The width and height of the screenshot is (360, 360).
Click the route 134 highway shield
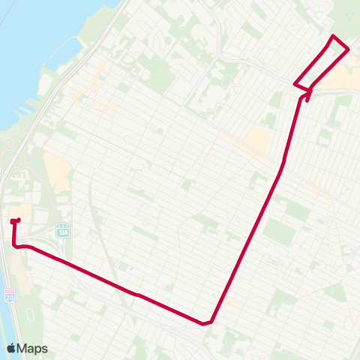click(x=63, y=229)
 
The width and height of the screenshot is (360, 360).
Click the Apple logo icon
click(x=11, y=348)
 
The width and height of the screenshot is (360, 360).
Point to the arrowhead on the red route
click(x=308, y=92)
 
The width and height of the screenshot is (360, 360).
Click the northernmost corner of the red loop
click(x=333, y=36)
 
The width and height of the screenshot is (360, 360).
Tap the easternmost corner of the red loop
click(x=349, y=49)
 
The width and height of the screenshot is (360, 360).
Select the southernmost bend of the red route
click(x=204, y=324)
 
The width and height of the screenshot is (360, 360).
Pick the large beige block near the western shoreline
click(x=58, y=171)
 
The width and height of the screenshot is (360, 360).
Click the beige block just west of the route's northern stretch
click(x=258, y=139)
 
